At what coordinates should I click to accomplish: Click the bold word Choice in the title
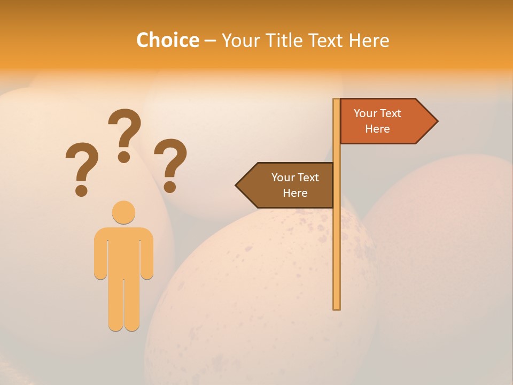click(167, 40)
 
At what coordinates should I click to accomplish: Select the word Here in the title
click(369, 40)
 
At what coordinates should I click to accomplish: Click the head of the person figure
click(123, 212)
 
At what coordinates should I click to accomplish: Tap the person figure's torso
click(123, 251)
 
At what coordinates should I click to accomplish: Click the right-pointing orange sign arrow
click(385, 121)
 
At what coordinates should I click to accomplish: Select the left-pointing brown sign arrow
click(289, 185)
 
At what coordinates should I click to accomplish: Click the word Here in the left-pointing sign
click(295, 193)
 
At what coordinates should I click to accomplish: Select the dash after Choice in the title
click(210, 41)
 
